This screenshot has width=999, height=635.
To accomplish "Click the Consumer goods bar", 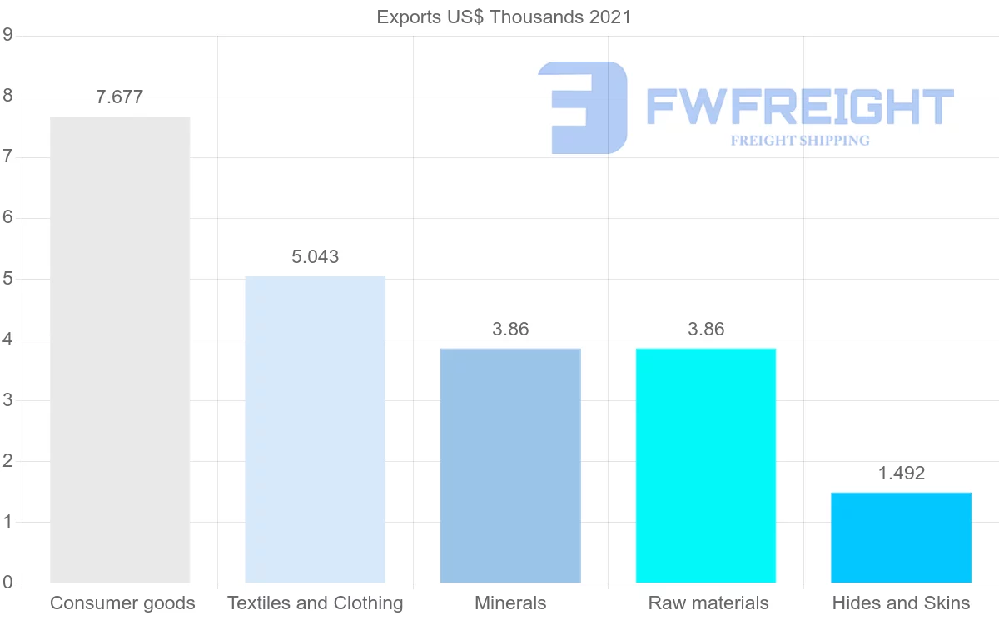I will point(120,350).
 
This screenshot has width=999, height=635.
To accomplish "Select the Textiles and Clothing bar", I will point(315,429).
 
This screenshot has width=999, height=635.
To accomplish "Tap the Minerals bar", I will point(509,465).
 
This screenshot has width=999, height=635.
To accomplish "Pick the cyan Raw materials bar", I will point(705,465).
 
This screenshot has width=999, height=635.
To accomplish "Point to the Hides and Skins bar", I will point(901,538).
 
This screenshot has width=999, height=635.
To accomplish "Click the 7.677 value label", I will point(120,97).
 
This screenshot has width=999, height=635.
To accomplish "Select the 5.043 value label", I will point(315,256).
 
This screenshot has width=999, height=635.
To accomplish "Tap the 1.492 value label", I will point(901,474).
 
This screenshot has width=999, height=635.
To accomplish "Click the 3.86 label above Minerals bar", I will point(509,329).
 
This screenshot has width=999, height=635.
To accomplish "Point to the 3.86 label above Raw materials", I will point(705,329).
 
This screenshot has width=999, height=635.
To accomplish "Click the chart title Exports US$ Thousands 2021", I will point(504,17).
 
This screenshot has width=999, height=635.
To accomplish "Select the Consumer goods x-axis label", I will point(122,603).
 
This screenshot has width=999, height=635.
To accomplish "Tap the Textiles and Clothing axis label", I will point(315,603).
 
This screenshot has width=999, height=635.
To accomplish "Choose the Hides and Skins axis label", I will point(901,603).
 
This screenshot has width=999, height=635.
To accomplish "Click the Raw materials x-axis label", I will point(708,603).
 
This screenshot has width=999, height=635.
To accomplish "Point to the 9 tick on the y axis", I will point(7,35).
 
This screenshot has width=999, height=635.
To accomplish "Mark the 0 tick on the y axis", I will point(7,583).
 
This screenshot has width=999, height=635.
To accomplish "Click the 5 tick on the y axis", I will point(7,279).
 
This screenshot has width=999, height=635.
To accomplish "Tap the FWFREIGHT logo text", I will point(799,106).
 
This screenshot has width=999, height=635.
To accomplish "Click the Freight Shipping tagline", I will point(799,141).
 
